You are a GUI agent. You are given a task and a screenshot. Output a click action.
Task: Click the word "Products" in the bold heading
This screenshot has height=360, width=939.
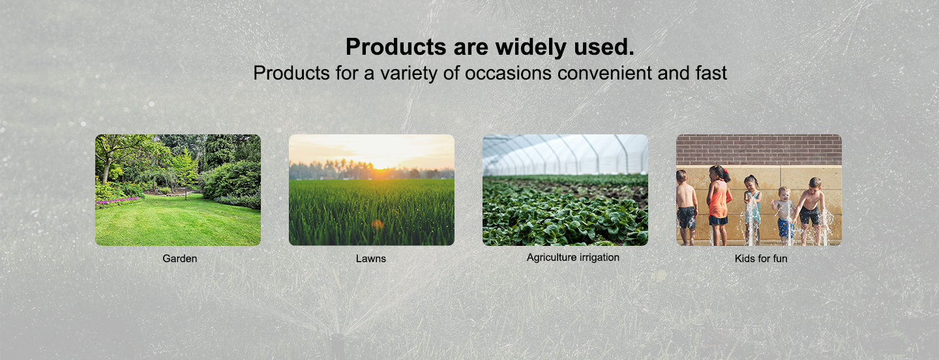pos(396,47)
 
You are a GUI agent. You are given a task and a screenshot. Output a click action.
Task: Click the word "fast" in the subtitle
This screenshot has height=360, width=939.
pos(711,73)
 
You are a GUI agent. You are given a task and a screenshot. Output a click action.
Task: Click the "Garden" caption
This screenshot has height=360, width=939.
pos(180,258)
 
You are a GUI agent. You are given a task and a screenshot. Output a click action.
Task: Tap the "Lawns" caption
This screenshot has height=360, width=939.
pos(371,258)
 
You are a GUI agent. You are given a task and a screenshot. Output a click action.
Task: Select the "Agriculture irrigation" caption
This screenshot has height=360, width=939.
pos(573,258)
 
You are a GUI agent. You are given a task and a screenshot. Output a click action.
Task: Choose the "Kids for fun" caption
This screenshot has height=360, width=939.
pos(761,258)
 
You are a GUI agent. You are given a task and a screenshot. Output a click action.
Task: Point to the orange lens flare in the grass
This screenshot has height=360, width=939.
pos(378,224)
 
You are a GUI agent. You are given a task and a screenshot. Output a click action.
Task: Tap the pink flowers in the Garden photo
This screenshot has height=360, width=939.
pos(115,202)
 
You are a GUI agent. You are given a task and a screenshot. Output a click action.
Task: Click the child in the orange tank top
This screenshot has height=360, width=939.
pos(719,205)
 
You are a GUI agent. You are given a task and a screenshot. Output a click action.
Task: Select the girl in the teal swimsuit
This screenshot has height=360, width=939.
pos(753,209)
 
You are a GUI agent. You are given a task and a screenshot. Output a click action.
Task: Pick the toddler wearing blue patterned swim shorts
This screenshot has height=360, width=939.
pos(784,216)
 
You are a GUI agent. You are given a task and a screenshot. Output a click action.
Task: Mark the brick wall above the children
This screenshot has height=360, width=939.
pos(759,149)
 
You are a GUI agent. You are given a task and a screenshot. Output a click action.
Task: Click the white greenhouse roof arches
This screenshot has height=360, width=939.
pos(565,154)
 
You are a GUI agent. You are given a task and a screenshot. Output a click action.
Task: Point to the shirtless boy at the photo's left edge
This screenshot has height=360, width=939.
pos(686,207)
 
